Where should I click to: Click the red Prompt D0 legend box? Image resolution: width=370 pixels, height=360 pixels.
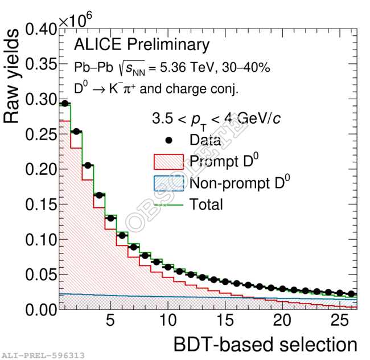click(169, 161)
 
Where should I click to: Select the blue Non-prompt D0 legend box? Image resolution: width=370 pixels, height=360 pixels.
click(169, 183)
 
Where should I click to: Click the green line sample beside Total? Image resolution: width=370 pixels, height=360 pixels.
click(169, 204)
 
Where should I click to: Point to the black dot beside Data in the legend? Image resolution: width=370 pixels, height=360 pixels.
click(169, 140)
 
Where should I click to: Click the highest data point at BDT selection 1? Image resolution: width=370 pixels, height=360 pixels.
click(65, 104)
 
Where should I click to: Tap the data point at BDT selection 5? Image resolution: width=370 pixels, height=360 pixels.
click(110, 218)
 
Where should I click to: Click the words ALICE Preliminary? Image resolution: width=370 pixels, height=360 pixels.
click(142, 45)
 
